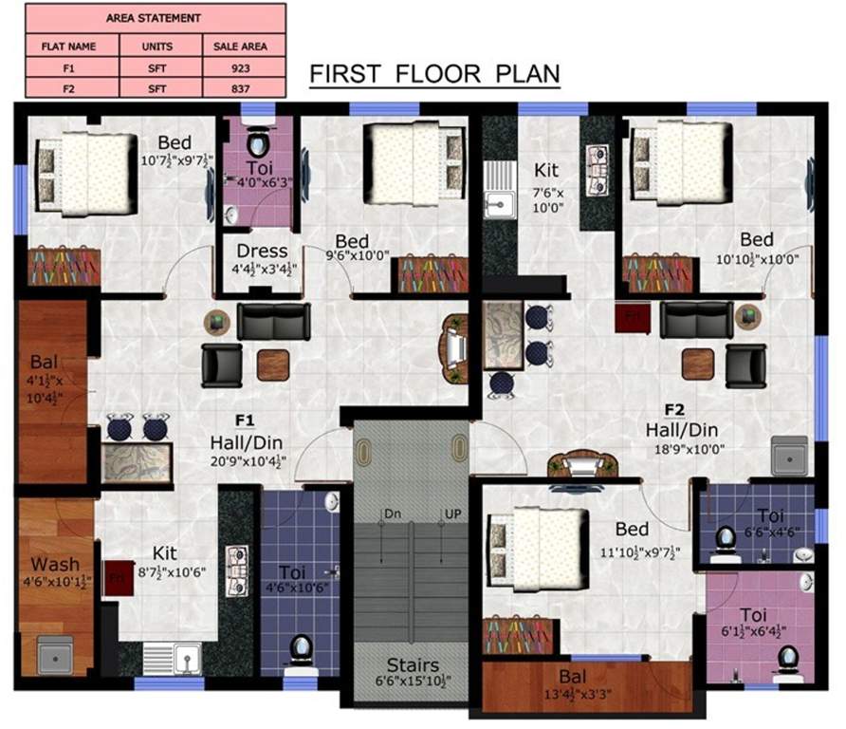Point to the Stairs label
[411, 664]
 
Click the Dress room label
[262, 252]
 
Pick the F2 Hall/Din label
[674, 428]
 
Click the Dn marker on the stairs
[392, 514]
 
